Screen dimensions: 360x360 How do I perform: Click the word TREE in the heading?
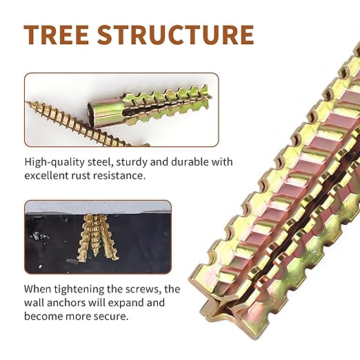tap(57, 34)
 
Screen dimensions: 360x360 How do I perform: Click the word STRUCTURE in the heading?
tap(176, 34)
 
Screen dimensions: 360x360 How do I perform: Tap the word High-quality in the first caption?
tap(54, 162)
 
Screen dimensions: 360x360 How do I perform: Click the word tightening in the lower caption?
tap(79, 289)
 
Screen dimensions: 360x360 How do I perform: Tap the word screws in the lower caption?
tap(143, 290)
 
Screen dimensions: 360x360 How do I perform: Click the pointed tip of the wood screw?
tap(27, 102)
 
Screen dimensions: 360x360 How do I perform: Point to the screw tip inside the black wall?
tap(97, 256)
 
